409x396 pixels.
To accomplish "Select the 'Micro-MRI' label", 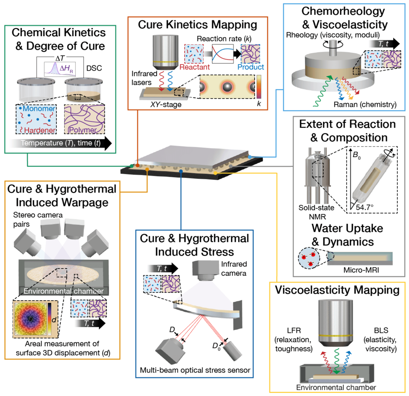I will [x=349, y=270].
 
